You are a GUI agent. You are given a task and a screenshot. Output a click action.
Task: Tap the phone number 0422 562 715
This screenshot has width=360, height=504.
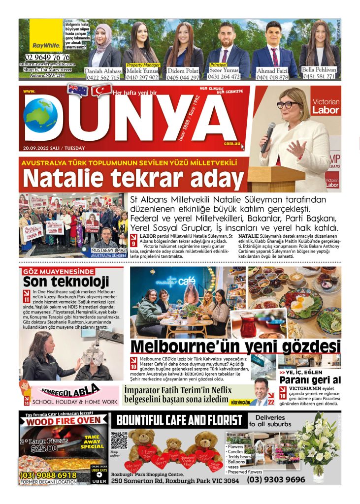click(x=102, y=77)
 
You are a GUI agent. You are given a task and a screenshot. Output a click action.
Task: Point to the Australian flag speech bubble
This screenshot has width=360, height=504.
click(x=78, y=90)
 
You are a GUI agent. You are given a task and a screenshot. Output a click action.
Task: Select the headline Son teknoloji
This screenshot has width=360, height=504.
click(x=65, y=283)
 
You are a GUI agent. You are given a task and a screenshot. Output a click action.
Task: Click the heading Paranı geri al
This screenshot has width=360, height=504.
click(x=310, y=380)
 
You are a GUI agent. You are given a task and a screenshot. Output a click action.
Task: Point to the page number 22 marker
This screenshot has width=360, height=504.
click(x=271, y=402)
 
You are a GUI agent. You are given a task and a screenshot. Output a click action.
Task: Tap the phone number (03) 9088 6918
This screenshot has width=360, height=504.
click(x=48, y=475)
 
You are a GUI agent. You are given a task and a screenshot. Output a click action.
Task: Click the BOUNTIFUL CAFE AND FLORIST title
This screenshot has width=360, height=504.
click(x=179, y=420)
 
